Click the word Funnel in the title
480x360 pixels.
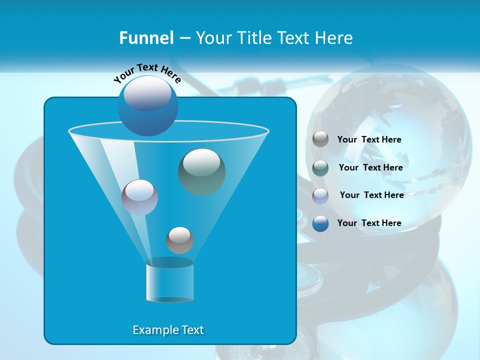coord(146,38)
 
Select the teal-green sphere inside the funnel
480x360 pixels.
coord(202,172)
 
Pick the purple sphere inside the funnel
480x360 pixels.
coord(139,197)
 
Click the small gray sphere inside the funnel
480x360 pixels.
coord(179,240)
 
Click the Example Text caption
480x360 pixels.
coord(168,330)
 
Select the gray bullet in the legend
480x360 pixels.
coord(320,139)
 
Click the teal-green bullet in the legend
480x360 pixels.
coord(320,167)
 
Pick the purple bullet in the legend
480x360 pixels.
coord(320,195)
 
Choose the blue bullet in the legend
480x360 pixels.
coord(320,223)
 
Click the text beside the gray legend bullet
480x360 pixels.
coord(369,139)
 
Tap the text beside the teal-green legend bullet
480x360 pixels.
coord(370,167)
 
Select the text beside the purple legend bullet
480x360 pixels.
coord(371,195)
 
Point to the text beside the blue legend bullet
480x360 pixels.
coord(369,223)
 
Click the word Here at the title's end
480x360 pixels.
coord(335,38)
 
